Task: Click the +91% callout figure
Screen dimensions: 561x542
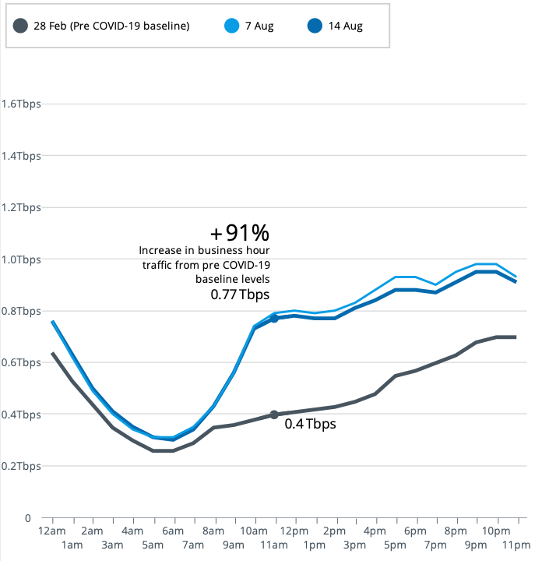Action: point(239,232)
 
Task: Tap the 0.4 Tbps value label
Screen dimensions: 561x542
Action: point(310,425)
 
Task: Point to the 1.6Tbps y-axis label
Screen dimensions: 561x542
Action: point(21,104)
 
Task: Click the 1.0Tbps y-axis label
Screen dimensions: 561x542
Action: point(21,259)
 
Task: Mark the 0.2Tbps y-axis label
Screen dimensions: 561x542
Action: point(21,466)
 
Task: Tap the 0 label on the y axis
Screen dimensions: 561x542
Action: point(26,517)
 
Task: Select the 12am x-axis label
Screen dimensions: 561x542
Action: point(52,530)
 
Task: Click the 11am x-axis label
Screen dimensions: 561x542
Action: point(274,545)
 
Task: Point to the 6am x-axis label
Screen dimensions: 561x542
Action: point(174,530)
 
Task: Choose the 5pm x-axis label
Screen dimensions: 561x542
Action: point(396,545)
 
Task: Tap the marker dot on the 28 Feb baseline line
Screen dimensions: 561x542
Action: point(274,415)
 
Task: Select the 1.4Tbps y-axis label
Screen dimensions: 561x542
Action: point(21,156)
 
